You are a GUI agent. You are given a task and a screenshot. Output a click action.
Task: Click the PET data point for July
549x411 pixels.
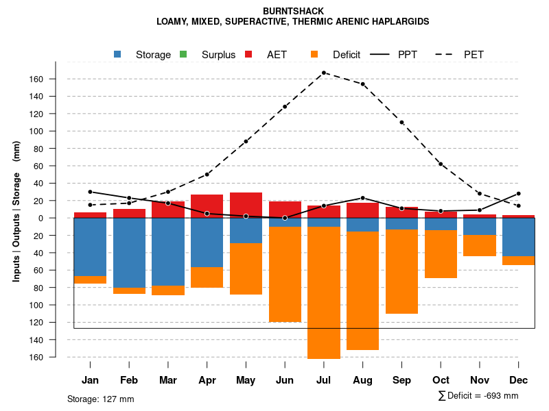(x=324, y=73)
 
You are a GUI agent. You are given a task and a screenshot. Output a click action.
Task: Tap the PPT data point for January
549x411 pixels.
(x=90, y=192)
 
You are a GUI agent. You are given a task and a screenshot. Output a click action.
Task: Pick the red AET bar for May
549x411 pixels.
(x=246, y=205)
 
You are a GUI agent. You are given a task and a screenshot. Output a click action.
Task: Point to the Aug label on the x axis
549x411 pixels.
(x=362, y=380)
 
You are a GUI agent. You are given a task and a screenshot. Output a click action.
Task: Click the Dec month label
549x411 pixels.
(x=519, y=380)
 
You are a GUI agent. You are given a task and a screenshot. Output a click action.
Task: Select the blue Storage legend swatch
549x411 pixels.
(x=117, y=54)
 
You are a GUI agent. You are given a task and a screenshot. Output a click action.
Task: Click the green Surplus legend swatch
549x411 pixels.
(x=183, y=54)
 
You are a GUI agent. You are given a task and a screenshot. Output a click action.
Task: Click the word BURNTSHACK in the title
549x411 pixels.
(x=293, y=11)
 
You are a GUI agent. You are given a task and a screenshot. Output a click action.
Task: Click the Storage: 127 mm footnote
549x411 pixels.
(x=100, y=399)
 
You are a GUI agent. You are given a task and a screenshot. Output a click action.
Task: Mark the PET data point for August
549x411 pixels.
(x=362, y=84)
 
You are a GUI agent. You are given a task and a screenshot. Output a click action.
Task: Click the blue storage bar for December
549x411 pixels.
(x=519, y=237)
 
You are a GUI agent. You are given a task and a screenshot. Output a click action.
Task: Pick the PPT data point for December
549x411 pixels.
(x=519, y=194)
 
